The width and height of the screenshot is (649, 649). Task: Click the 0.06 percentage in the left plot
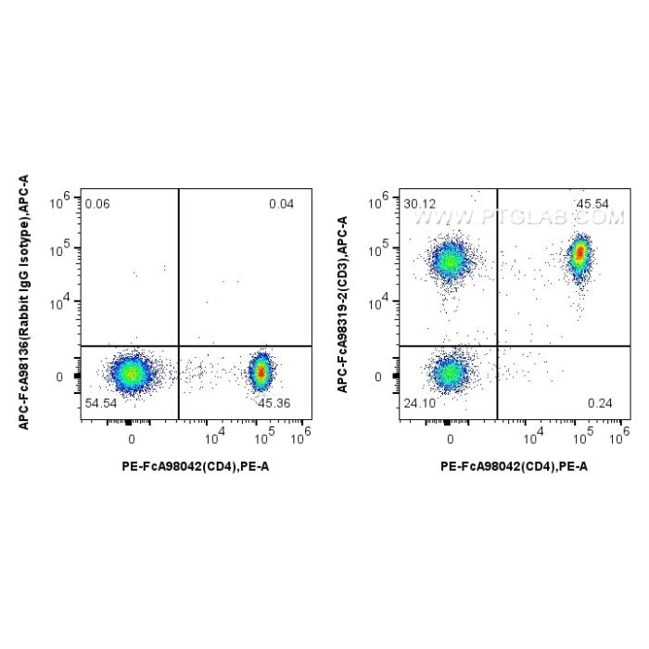96,204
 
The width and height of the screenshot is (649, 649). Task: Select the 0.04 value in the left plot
281,204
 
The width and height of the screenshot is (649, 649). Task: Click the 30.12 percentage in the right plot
420,204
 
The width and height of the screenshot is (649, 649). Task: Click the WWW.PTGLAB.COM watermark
518,219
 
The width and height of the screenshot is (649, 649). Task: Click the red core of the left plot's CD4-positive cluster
261,373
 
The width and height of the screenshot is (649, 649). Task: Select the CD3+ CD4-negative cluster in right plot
450,261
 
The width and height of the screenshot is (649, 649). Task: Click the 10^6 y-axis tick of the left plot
69,198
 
